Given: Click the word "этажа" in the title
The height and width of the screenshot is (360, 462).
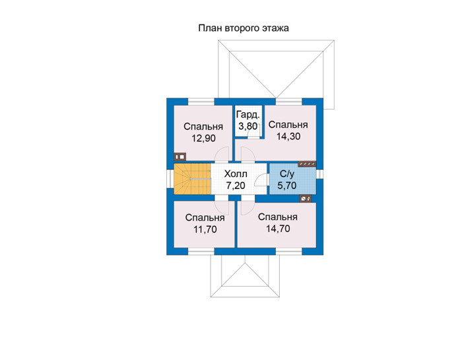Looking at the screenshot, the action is click(275, 28).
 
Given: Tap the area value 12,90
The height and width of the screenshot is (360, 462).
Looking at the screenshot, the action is click(203, 138).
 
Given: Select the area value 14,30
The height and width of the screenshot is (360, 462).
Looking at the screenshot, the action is click(288, 136).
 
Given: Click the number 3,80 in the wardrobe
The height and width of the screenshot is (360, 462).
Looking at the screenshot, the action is click(247, 126).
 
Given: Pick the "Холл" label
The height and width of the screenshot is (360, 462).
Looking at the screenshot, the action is click(236, 174).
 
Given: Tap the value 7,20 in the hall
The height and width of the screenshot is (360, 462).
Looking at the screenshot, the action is click(236, 186).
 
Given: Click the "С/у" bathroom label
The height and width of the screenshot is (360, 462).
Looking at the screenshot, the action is click(287, 174).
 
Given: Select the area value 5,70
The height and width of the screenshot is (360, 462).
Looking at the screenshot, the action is click(287, 186).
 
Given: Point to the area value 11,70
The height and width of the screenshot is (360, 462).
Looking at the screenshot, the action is click(205, 229).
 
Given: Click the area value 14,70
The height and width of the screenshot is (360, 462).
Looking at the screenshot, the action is click(278, 229).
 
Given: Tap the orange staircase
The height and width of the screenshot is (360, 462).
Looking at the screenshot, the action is click(192, 179).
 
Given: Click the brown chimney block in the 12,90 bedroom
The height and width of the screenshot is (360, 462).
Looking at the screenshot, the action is click(180, 157).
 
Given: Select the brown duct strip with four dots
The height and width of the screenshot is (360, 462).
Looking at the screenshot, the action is click(307, 164).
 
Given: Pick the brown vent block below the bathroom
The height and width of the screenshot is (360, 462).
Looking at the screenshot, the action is click(305, 199).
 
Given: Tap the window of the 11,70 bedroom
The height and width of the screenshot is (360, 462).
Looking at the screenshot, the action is click(201, 252).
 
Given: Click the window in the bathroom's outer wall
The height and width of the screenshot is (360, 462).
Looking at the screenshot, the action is click(319, 174).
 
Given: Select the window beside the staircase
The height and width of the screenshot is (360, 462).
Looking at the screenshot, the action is click(170, 179).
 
